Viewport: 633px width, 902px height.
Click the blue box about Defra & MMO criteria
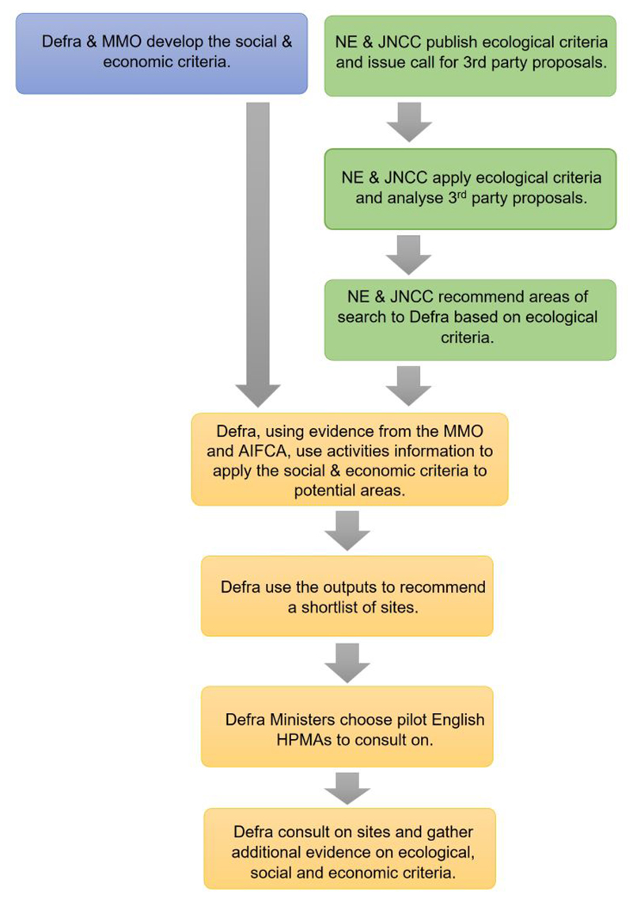161,53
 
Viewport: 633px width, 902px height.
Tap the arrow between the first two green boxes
410,123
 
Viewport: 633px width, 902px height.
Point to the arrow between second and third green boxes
410,254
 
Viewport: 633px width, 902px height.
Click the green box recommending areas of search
471,320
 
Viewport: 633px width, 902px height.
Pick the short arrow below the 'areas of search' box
410,385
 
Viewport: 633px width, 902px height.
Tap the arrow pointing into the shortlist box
347,530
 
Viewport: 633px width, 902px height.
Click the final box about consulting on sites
349,847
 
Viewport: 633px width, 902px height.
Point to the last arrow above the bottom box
347,787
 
